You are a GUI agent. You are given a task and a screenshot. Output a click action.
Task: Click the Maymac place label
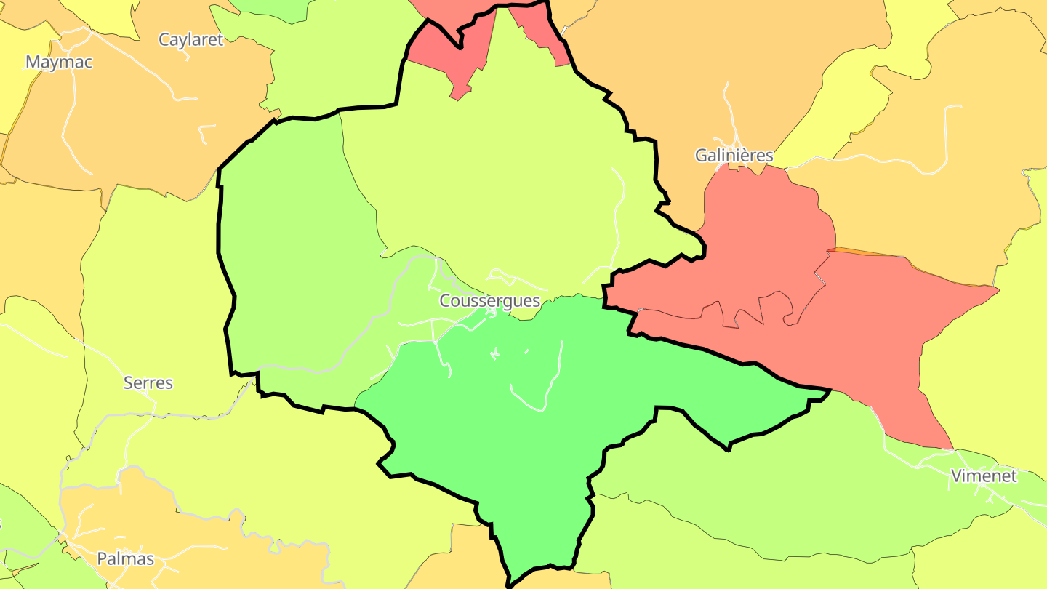(x=59, y=62)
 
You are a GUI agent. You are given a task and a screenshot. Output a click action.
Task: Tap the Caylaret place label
(x=190, y=39)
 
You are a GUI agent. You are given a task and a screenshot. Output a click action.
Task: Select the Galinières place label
(x=734, y=155)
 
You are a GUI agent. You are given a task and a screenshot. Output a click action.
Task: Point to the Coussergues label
(x=489, y=300)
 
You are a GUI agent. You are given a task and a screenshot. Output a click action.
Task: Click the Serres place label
(x=148, y=382)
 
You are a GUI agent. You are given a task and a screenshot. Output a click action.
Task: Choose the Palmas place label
(x=126, y=558)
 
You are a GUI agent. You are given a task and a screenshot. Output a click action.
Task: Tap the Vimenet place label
(x=984, y=476)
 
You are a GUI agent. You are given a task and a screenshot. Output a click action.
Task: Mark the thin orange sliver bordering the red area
(x=872, y=254)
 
